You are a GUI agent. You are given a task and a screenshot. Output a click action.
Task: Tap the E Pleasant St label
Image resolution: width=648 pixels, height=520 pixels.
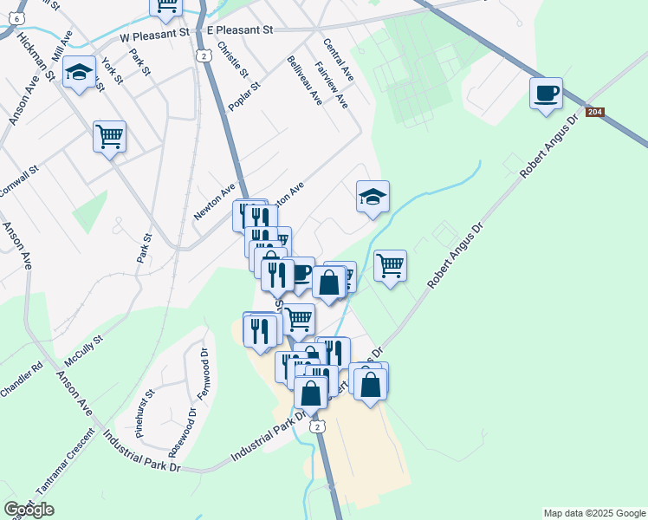(240, 30)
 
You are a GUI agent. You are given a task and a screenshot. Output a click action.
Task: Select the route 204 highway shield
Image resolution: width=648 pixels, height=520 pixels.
(593, 113)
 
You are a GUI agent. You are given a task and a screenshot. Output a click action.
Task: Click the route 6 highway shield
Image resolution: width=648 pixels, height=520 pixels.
(18, 17)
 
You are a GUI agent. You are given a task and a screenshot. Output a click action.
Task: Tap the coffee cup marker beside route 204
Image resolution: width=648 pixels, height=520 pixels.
(546, 94)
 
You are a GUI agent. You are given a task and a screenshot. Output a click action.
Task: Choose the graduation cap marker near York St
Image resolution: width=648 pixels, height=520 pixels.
(80, 75)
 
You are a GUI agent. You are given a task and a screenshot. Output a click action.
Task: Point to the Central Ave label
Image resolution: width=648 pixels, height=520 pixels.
(338, 56)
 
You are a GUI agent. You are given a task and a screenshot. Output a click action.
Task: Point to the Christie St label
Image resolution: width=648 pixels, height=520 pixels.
(232, 58)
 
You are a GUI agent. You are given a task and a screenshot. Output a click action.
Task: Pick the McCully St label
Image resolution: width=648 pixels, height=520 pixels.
(83, 349)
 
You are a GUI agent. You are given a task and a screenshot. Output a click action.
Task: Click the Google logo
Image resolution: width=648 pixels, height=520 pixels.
(29, 510)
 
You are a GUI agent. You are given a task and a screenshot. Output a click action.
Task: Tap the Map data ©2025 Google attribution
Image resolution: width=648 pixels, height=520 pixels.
(593, 513)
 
